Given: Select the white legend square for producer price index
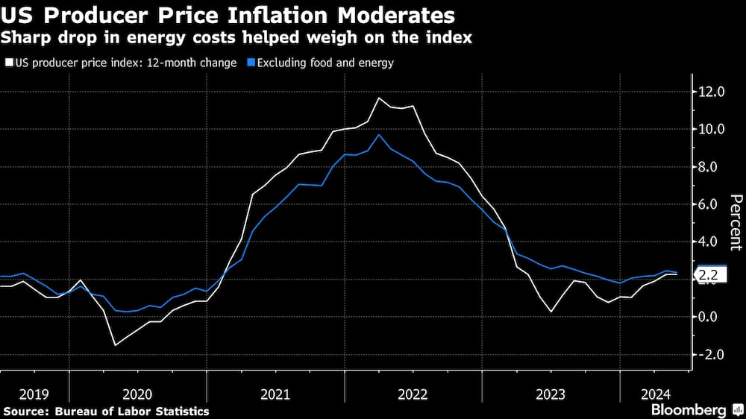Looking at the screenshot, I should click(x=8, y=63).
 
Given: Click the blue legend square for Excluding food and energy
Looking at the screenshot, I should click(x=251, y=63).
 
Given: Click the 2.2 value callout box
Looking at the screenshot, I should click(x=709, y=275).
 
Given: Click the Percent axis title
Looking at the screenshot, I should click(x=735, y=221).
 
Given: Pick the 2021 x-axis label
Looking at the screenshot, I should click(x=275, y=393).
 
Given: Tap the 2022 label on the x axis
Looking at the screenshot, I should click(x=413, y=393).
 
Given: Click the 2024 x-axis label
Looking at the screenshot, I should click(x=656, y=393).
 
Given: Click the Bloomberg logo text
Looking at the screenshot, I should click(x=689, y=410).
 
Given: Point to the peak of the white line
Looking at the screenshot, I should click(x=380, y=98).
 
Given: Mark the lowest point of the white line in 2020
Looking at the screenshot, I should click(x=116, y=344).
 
